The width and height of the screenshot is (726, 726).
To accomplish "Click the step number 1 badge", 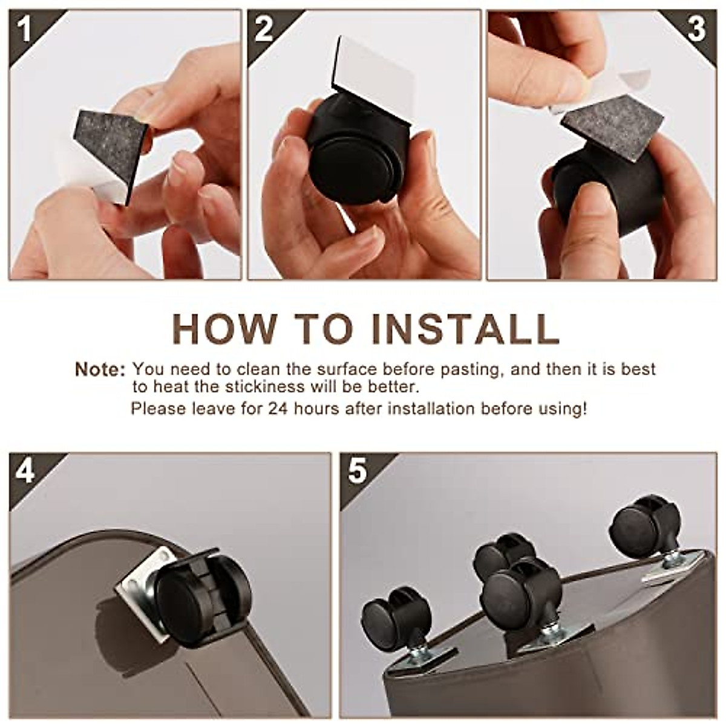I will coord(25,29).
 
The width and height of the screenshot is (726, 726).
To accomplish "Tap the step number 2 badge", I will coord(264,29).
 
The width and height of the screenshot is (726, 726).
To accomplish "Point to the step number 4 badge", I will coord(25,471).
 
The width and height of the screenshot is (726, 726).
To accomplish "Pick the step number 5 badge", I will coord(358,471).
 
